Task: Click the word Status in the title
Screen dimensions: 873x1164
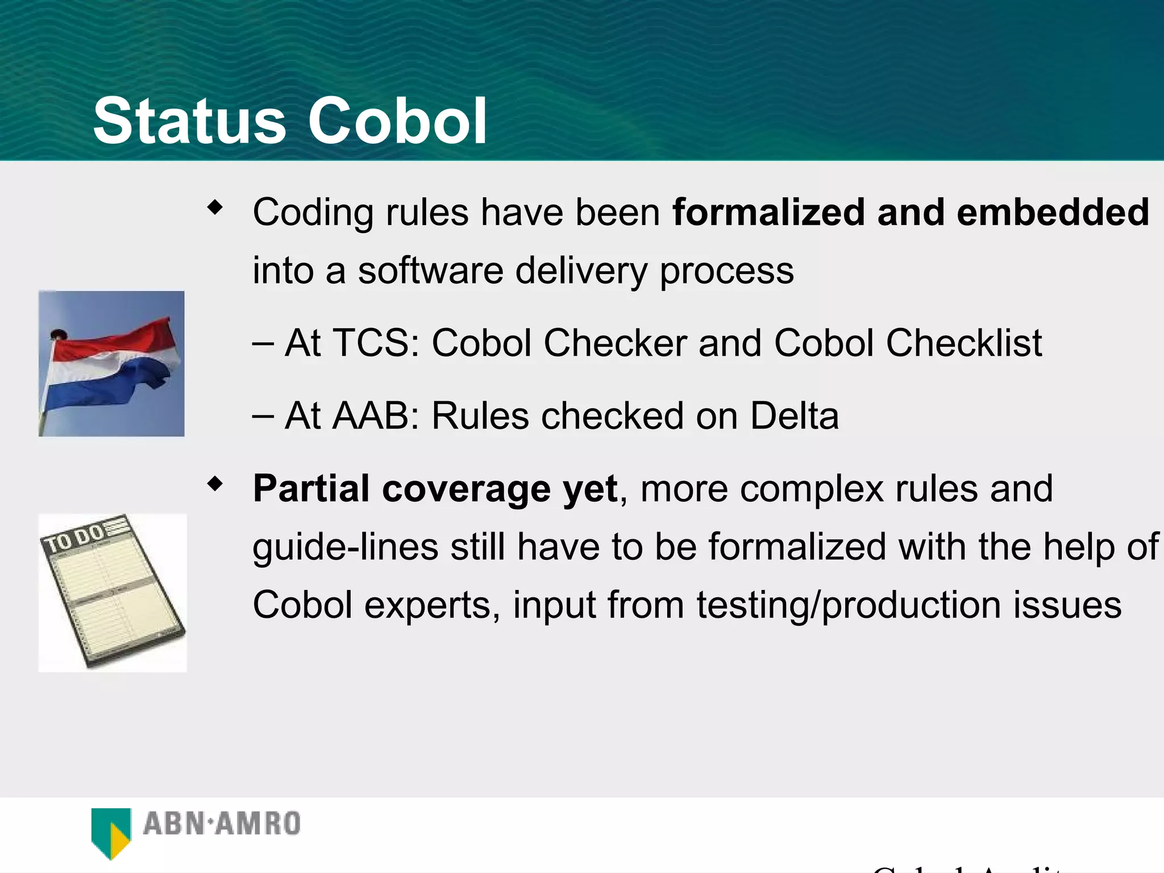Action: click(x=189, y=121)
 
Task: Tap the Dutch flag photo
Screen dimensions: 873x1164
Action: click(x=111, y=364)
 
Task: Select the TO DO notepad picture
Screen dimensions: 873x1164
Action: click(x=113, y=593)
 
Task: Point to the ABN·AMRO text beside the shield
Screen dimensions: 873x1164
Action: click(x=222, y=824)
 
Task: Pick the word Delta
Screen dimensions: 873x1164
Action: click(x=794, y=415)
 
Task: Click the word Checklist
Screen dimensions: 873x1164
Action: click(x=964, y=343)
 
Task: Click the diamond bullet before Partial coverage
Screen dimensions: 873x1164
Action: click(x=215, y=484)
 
